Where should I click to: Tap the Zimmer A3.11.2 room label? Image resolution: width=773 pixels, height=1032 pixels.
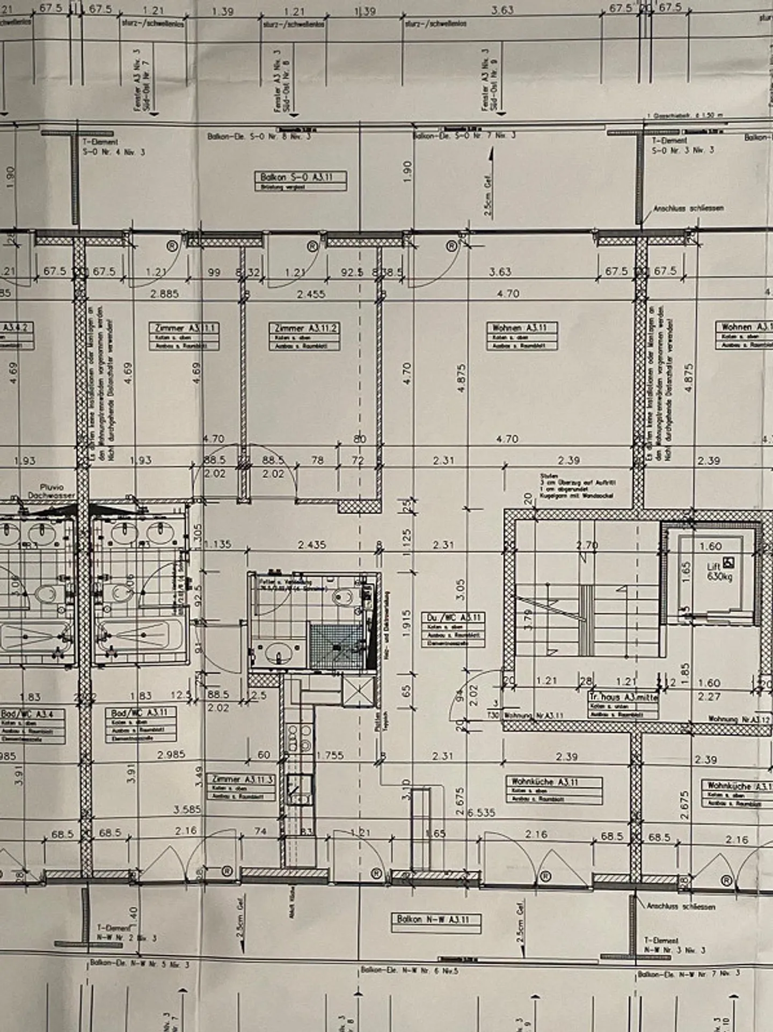305,328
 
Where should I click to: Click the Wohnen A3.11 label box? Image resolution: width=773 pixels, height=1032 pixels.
521,328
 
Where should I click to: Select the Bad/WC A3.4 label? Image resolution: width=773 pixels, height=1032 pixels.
32,714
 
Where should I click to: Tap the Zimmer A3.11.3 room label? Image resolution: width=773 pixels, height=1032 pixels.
242,779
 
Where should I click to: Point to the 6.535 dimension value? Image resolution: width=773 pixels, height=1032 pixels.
481,813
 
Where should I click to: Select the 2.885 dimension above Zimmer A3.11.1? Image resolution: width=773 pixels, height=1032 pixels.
164,294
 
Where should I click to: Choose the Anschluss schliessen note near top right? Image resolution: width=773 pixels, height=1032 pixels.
688,208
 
